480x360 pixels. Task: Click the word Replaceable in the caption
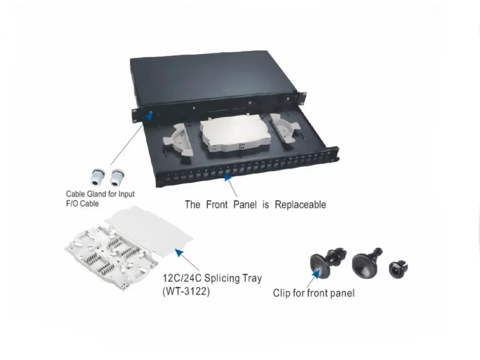[300, 205]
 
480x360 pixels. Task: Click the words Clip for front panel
[313, 293]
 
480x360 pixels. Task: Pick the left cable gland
[96, 175]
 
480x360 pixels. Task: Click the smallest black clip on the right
[397, 269]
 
